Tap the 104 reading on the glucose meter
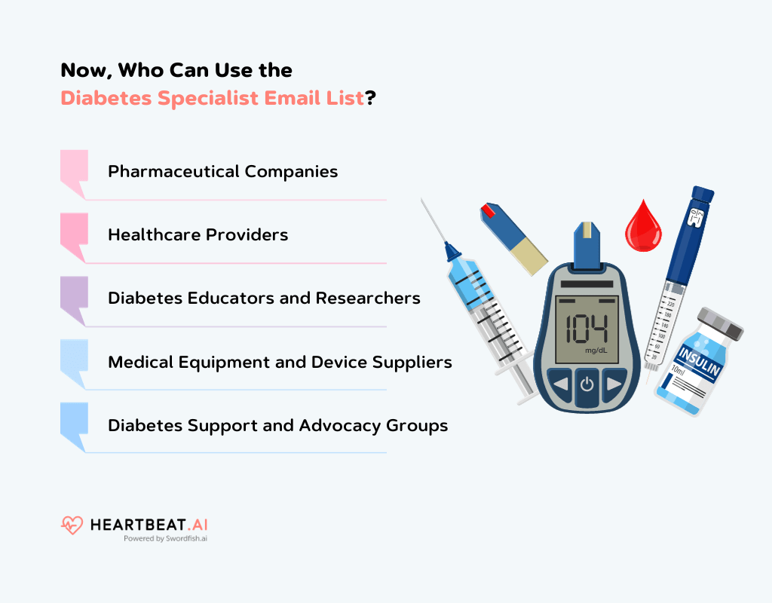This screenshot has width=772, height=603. click(x=587, y=329)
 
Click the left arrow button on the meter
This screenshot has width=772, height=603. click(x=559, y=384)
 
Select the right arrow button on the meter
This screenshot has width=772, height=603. click(x=614, y=384)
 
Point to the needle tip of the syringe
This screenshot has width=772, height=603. click(x=424, y=201)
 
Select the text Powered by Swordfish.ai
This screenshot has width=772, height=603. click(x=165, y=539)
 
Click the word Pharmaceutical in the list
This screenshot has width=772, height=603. click(x=165, y=171)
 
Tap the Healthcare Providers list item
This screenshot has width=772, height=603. click(x=198, y=234)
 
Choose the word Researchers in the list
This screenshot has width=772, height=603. click(x=368, y=298)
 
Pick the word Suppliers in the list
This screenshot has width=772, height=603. click(x=416, y=362)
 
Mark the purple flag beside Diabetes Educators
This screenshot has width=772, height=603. click(x=73, y=297)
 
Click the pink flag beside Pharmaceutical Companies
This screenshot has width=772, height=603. click(x=73, y=170)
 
